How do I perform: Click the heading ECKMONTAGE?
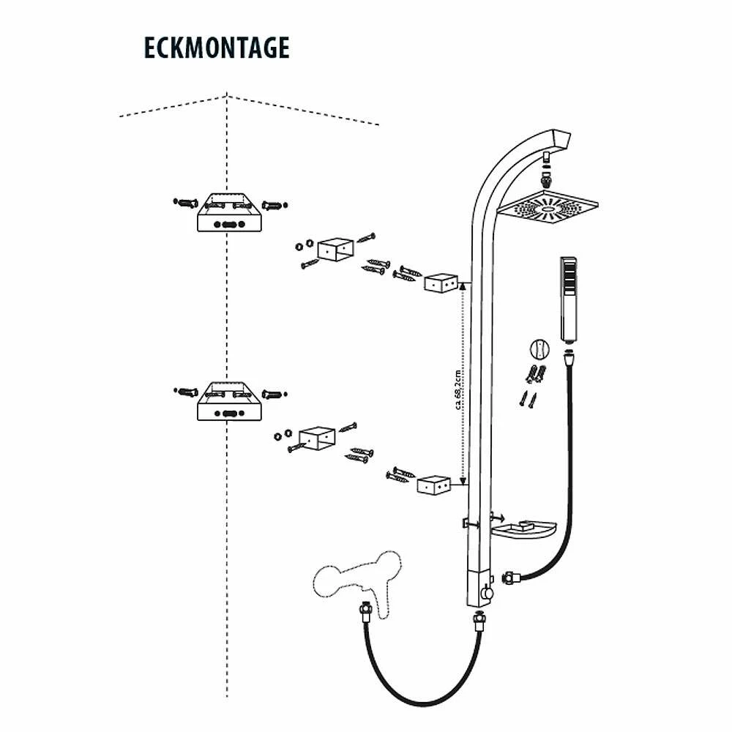click(x=217, y=47)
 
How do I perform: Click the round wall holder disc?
click(x=539, y=348)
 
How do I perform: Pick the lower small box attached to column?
click(x=433, y=485)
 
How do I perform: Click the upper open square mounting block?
click(x=337, y=249)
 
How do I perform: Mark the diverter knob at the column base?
click(x=484, y=591)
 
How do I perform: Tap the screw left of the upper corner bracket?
click(x=186, y=201)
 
